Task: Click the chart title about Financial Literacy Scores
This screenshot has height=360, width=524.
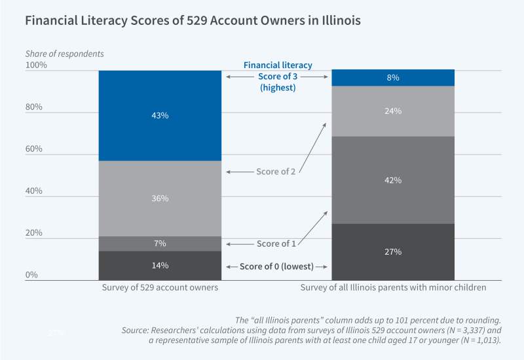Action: (193, 20)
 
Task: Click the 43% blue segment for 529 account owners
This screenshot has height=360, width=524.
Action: (160, 115)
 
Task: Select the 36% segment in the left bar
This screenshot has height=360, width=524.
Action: (160, 198)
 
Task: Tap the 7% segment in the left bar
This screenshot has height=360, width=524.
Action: (160, 243)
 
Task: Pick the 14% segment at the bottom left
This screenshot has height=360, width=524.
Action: (160, 265)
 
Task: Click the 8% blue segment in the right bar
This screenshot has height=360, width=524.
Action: (393, 78)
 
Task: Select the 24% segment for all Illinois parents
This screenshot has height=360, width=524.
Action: (393, 111)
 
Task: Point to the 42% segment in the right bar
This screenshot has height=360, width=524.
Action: (393, 180)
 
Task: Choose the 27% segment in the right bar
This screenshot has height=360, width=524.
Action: (393, 252)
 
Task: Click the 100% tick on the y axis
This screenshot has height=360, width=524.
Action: (37, 65)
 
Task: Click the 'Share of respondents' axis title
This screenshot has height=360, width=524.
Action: (64, 53)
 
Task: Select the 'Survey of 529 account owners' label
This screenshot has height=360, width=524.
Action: (160, 287)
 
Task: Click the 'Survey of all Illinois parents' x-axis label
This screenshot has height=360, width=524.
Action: (392, 287)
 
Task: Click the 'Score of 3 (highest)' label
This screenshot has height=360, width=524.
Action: (278, 82)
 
